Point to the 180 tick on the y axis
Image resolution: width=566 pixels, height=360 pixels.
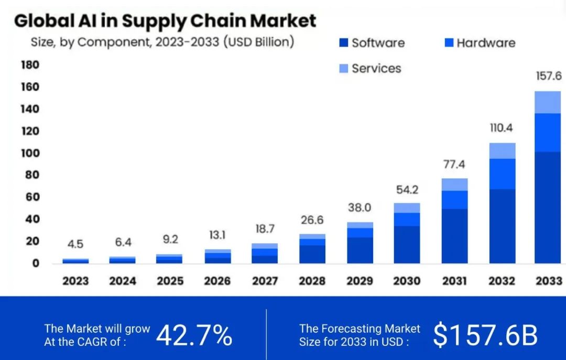tap(30, 64)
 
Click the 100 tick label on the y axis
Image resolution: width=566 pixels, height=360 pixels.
tap(30, 153)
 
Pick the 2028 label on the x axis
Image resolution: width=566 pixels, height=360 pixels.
tap(312, 281)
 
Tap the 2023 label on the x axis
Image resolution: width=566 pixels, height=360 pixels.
tap(75, 281)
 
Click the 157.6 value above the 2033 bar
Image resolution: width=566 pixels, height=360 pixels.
tap(548, 76)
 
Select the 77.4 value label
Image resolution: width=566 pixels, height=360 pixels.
tap(454, 165)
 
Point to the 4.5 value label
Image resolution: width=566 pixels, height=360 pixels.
tap(75, 244)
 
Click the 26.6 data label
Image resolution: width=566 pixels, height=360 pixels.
tap(312, 220)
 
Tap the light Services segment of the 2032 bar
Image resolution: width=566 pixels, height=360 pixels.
tap(502, 150)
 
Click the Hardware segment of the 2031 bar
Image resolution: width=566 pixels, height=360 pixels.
tap(454, 200)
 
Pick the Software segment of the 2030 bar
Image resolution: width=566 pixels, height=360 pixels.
tap(407, 244)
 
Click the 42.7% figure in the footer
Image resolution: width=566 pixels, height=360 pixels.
tap(194, 336)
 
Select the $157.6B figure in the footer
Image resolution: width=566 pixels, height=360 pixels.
tap(485, 336)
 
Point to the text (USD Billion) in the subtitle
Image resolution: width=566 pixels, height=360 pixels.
tap(258, 42)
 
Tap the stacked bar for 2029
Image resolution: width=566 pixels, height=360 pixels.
tap(360, 243)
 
